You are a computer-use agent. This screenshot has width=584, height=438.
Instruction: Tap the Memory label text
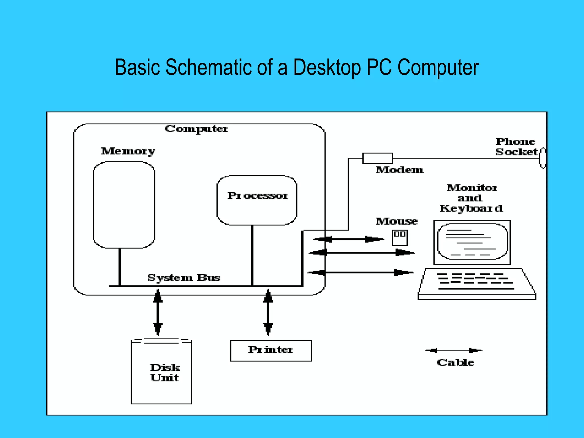click(128, 151)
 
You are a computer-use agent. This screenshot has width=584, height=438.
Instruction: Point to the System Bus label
click(184, 278)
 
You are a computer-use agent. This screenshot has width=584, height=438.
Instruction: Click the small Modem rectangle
click(377, 158)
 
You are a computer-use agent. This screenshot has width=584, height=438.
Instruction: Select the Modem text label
click(399, 170)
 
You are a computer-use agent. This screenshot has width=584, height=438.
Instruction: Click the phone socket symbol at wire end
click(543, 158)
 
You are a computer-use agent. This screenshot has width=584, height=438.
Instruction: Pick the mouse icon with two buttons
click(400, 238)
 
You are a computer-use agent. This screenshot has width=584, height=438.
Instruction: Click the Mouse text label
click(396, 221)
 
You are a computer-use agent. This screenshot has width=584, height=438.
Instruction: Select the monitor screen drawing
click(472, 242)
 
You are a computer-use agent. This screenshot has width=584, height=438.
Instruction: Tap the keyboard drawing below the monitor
click(476, 284)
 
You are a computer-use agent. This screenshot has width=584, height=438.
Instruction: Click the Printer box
click(271, 350)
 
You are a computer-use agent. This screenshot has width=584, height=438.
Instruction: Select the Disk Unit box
click(161, 372)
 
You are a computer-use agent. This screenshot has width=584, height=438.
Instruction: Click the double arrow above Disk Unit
click(158, 313)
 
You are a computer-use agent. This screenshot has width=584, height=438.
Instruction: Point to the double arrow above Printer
click(268, 313)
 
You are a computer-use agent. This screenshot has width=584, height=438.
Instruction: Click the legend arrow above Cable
click(453, 350)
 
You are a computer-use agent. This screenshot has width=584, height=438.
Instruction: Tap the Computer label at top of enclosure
click(196, 129)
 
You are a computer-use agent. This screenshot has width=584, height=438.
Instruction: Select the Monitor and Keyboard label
click(471, 198)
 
